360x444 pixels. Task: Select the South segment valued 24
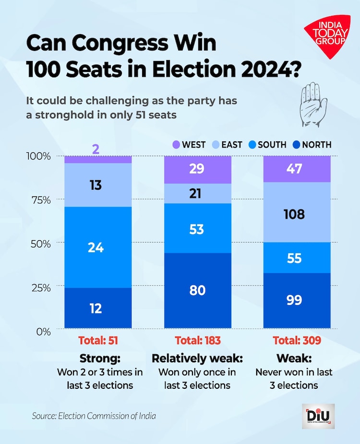[98, 247]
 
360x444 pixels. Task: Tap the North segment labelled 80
[198, 291]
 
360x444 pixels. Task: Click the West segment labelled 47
[298, 169]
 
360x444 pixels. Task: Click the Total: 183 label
[198, 341]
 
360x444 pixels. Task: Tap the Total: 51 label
[98, 341]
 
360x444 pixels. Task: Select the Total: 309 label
[298, 341]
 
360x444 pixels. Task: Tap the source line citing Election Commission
[94, 415]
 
